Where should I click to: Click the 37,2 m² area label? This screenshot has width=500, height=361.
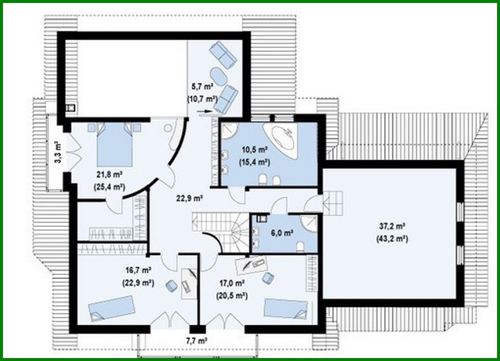pyautogui.click(x=392, y=226)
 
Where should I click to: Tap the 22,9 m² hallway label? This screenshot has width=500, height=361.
pyautogui.click(x=189, y=198)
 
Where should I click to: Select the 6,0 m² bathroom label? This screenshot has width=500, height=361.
pyautogui.click(x=282, y=233)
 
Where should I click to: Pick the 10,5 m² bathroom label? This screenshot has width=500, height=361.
pyautogui.click(x=255, y=150)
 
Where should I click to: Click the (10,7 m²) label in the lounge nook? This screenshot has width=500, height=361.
pyautogui.click(x=202, y=99)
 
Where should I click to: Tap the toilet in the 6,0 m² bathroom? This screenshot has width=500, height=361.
pyautogui.click(x=300, y=246)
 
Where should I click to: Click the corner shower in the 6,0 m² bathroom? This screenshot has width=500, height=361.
pyautogui.click(x=309, y=223)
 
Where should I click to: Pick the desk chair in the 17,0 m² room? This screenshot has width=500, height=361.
pyautogui.click(x=268, y=278)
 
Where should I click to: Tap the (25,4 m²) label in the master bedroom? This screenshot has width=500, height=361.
pyautogui.click(x=109, y=187)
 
